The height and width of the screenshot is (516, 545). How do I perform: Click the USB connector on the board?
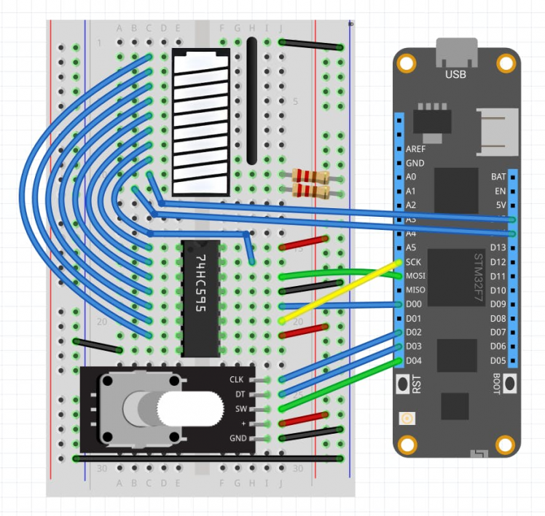click(456, 53)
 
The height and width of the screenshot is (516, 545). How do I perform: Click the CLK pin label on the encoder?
click(237, 379)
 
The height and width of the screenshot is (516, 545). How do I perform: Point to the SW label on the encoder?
click(240, 408)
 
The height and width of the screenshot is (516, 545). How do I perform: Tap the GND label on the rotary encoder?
click(238, 438)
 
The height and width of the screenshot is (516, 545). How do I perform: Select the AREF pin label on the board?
click(415, 148)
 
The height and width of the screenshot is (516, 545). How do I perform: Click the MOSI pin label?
click(416, 276)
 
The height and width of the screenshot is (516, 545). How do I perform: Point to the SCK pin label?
click(413, 262)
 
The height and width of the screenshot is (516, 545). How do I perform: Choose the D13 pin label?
click(498, 248)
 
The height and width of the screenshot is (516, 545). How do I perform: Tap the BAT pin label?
click(499, 177)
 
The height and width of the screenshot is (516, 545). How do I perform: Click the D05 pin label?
click(498, 360)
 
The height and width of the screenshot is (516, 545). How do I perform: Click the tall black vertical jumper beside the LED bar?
click(252, 100)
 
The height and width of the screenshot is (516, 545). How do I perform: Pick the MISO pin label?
click(415, 290)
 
